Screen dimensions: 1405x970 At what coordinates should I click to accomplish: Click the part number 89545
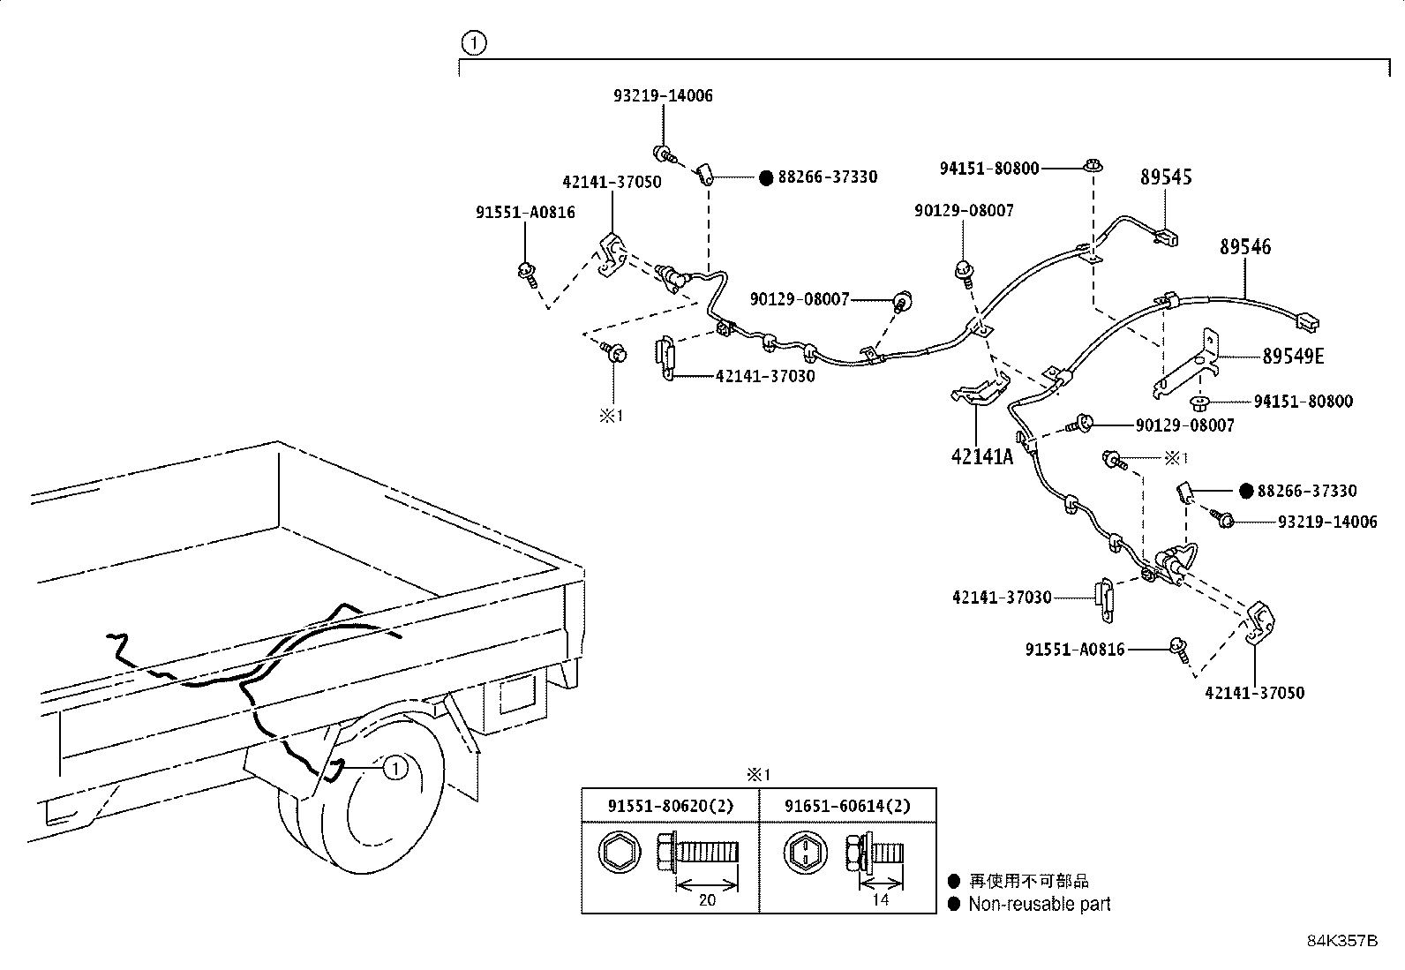tap(1166, 177)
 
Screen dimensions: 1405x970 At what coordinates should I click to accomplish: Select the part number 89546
tap(1245, 246)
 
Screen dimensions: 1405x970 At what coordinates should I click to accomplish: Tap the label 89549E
tap(1293, 357)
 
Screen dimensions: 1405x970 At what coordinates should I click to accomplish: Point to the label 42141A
tap(981, 457)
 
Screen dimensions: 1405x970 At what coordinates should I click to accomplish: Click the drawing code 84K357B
tap(1342, 941)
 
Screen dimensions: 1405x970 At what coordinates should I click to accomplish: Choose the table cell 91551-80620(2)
tap(670, 806)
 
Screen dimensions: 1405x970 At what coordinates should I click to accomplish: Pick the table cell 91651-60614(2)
tap(846, 806)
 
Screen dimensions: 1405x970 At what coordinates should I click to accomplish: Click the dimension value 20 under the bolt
tap(707, 899)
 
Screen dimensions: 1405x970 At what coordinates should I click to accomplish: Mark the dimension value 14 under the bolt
tap(881, 899)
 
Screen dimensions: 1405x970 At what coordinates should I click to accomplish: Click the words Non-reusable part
tap(1040, 904)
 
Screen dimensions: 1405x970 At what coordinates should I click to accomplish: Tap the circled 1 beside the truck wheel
tap(395, 768)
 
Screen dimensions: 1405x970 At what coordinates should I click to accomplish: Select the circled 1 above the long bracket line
tap(474, 43)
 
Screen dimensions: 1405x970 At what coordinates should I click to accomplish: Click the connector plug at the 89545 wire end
tap(1166, 237)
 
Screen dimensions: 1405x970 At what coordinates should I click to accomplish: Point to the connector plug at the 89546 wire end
tap(1307, 322)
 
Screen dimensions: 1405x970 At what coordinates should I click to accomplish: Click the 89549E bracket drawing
tap(1187, 364)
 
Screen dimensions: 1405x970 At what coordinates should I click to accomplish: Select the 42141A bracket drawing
tap(980, 390)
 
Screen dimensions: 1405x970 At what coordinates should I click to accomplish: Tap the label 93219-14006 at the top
tap(663, 96)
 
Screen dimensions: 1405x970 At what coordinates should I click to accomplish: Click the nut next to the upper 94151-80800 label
tap(1093, 166)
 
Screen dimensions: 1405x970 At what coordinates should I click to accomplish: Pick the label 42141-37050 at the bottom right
tap(1254, 694)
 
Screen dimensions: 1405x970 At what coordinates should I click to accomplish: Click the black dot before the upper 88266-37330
tap(766, 178)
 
